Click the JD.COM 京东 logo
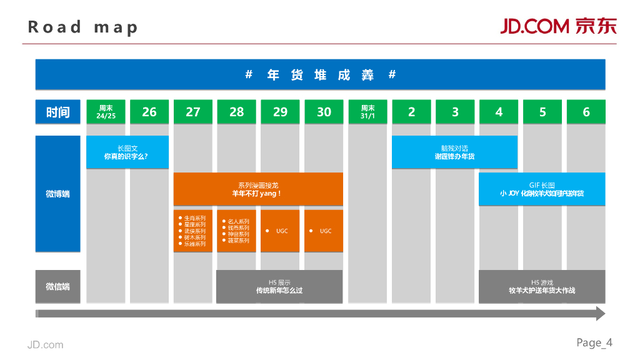558,26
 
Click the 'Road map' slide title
82,27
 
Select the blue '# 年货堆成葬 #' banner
320,75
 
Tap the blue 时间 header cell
58,112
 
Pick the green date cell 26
149,112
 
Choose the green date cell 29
280,112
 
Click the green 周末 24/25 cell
106,112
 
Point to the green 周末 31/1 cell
367,112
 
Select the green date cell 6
586,112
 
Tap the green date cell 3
455,112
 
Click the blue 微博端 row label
58,194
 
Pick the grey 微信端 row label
58,286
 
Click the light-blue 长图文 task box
127,152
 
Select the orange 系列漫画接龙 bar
258,189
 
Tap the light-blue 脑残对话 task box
454,152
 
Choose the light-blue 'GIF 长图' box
542,189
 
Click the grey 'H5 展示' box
279,286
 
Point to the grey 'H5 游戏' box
542,286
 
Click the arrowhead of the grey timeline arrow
601,313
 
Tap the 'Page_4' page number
594,342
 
